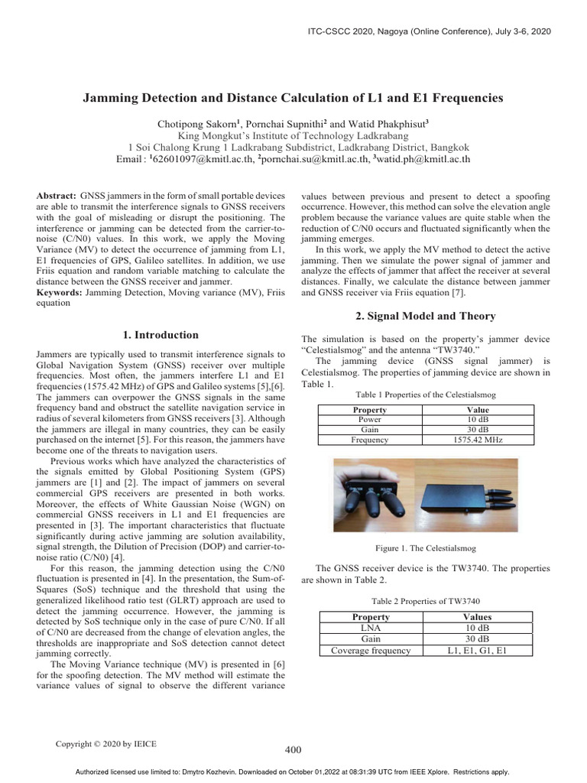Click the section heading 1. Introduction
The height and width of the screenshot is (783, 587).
coord(161,335)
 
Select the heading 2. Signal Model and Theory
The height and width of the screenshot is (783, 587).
coord(426,317)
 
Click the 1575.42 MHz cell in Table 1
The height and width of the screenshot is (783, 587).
coord(477,440)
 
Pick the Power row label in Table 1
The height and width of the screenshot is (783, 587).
coord(369,420)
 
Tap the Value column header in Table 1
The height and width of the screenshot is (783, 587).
coord(477,410)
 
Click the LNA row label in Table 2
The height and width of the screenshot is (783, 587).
coord(369,628)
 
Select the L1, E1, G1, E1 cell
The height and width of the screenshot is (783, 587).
coord(477,651)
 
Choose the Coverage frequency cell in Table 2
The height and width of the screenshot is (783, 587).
coord(370,651)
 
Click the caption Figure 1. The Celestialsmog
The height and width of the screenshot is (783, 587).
coord(425,548)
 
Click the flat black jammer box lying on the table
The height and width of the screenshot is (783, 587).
coord(465,496)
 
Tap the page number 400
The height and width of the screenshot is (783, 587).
coord(293,750)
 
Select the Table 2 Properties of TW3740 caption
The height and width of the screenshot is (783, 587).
coord(425,600)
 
